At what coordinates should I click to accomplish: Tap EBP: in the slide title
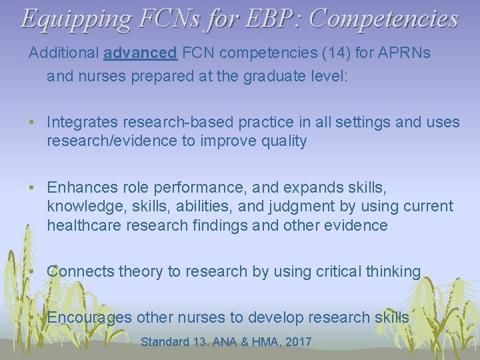[x=269, y=18]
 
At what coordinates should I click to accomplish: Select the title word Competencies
[x=384, y=18]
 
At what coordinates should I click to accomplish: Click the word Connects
[x=80, y=271]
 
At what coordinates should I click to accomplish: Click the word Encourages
[x=89, y=317]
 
